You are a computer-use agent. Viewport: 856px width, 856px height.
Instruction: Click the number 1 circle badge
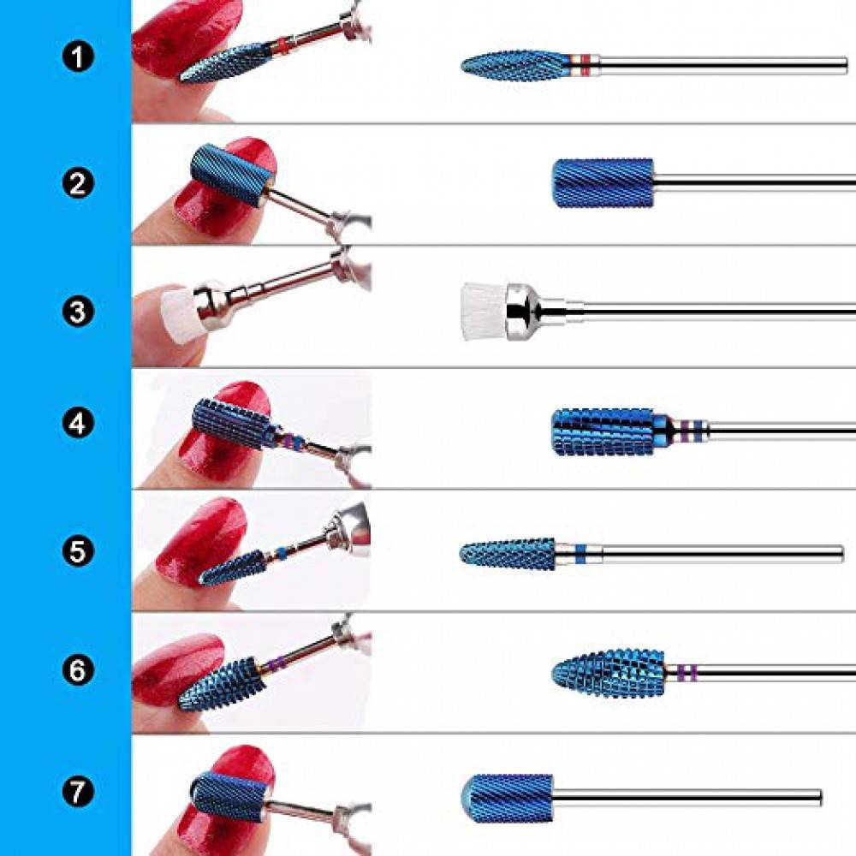pos(78,56)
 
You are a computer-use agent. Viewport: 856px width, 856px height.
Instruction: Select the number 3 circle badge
pos(78,312)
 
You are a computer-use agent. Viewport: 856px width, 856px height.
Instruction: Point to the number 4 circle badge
pos(78,423)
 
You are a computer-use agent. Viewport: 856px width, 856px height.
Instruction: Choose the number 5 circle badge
pos(78,550)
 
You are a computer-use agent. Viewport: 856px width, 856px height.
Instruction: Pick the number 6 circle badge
pos(78,669)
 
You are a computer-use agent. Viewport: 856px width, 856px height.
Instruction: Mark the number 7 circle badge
pos(78,791)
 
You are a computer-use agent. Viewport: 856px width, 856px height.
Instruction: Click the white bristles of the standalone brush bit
pos(484,312)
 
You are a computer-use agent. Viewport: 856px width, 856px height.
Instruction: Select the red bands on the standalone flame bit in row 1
pos(586,65)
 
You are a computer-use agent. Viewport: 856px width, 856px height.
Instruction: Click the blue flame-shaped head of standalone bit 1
pos(514,66)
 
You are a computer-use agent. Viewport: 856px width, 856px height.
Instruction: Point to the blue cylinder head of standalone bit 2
pos(603,183)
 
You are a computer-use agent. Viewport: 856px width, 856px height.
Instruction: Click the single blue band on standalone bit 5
pos(580,554)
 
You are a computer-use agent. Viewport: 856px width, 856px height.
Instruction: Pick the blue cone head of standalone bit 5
pos(508,554)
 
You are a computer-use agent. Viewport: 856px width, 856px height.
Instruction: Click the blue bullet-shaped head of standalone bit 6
pos(608,673)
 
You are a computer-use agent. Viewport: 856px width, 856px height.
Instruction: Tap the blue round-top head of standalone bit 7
pos(507,798)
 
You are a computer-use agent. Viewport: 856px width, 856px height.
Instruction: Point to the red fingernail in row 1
pos(187,39)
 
